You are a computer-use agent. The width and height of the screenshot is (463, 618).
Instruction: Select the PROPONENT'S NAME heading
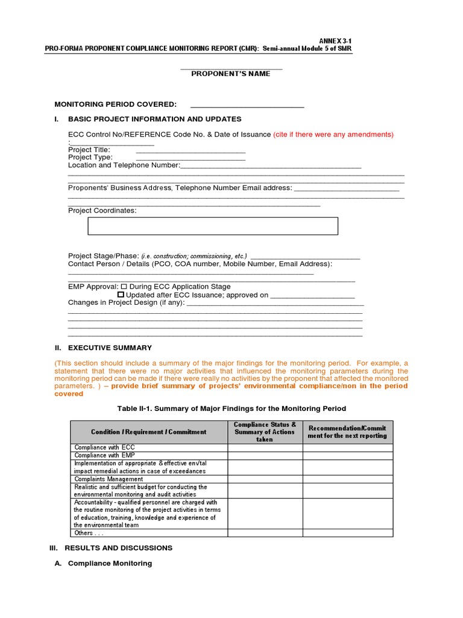click(x=231, y=74)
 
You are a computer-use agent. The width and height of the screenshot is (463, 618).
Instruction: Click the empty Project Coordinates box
click(x=213, y=226)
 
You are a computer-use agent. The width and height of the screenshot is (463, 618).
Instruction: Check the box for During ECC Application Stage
click(x=124, y=287)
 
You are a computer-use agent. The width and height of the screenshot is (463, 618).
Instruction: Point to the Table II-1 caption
click(x=231, y=409)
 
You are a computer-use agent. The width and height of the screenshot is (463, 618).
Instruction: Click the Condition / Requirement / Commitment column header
click(x=148, y=432)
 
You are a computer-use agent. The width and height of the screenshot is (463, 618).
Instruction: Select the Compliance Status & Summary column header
click(x=265, y=432)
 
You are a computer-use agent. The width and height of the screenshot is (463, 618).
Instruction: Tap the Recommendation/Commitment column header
click(x=347, y=432)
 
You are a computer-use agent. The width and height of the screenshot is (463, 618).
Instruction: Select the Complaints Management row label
click(x=109, y=479)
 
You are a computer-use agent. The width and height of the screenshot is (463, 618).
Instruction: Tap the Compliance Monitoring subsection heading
click(x=110, y=564)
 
